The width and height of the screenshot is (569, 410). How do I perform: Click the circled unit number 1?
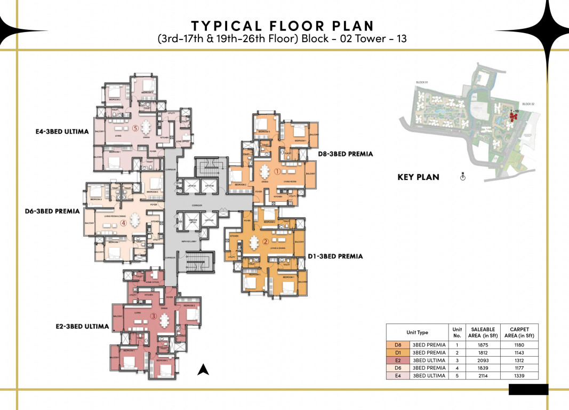[x=277, y=172]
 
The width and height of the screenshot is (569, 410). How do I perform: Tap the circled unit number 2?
[x=265, y=241]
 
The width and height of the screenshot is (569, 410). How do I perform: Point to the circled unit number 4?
[x=123, y=224]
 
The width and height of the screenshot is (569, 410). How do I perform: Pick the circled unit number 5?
[x=135, y=128]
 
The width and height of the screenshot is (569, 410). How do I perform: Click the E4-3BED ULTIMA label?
[x=59, y=131]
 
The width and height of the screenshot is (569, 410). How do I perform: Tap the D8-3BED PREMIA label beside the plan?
[x=345, y=154]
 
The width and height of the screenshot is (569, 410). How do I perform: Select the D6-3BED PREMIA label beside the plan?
[x=52, y=211]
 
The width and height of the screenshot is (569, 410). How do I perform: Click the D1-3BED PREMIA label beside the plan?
[x=335, y=256]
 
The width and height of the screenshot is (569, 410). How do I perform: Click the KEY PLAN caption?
[x=418, y=177]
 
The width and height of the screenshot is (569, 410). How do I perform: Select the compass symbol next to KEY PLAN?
[x=463, y=177]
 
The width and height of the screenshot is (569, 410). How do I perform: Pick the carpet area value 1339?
[x=519, y=376]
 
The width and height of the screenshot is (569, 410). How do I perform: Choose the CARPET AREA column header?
[x=519, y=332]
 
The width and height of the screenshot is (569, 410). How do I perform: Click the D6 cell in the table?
[x=398, y=368]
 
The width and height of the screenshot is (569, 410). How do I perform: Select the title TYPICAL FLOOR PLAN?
[x=283, y=26]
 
